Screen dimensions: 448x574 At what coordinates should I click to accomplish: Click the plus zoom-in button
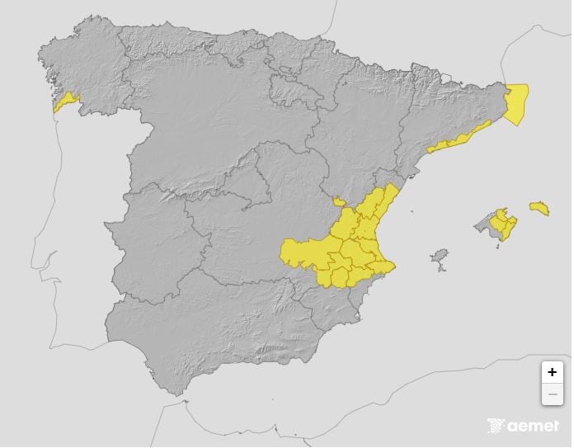tap(552, 373)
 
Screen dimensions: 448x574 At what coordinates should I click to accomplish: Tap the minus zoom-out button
tap(552, 394)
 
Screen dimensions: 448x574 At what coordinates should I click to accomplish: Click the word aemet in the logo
tap(533, 427)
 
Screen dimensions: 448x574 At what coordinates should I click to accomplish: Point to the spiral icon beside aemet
tap(496, 426)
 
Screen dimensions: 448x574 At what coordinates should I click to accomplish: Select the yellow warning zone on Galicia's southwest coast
tap(65, 101)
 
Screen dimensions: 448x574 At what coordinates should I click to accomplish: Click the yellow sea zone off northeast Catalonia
tap(517, 103)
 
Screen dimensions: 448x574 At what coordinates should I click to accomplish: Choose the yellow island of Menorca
tap(539, 207)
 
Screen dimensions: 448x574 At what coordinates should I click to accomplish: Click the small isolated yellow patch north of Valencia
tap(338, 200)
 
